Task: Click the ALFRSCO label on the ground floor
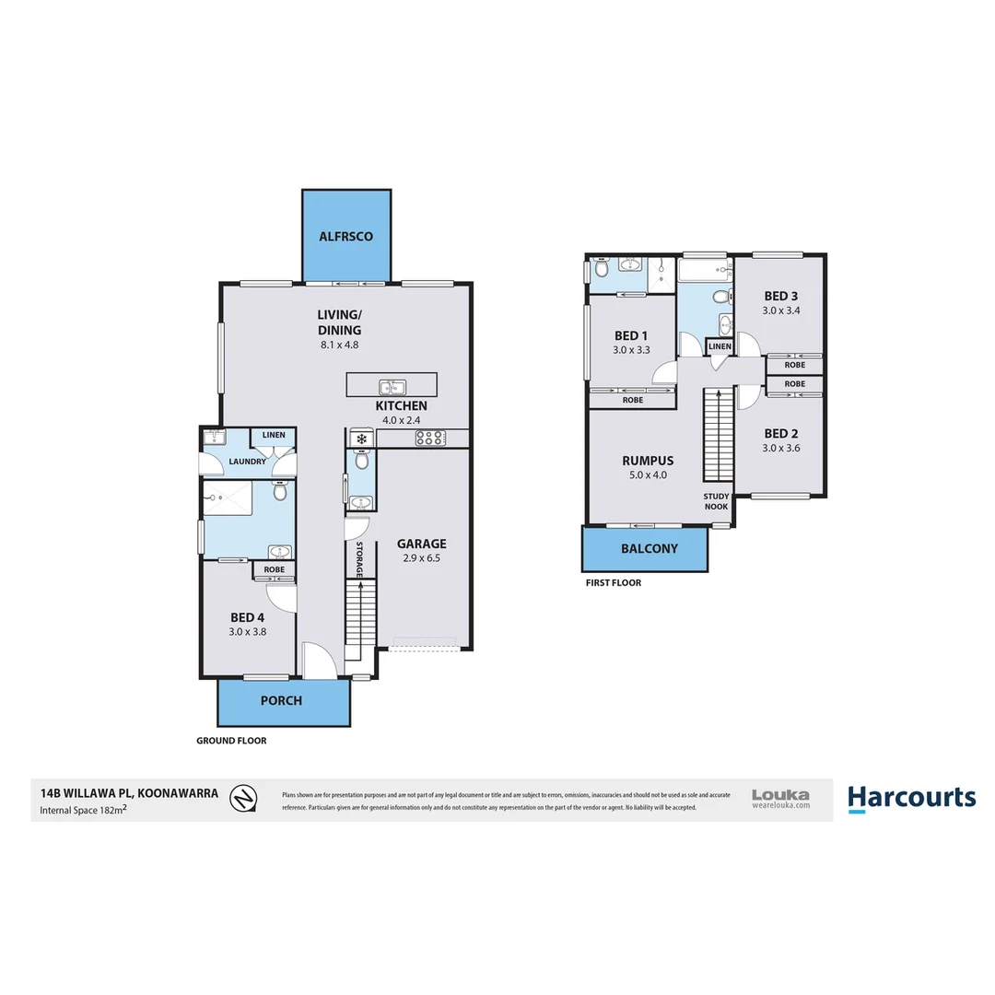click(345, 237)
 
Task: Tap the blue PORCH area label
click(281, 700)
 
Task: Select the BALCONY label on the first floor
click(649, 548)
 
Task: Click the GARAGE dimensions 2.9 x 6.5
click(421, 557)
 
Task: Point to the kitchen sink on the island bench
click(391, 387)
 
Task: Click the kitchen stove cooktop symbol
click(429, 439)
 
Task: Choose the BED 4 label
click(248, 617)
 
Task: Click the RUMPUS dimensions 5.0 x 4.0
click(647, 475)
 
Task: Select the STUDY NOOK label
click(717, 501)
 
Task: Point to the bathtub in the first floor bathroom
click(704, 270)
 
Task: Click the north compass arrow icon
click(243, 798)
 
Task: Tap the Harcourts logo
click(911, 798)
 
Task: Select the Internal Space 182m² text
click(83, 811)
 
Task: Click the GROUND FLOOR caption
click(231, 741)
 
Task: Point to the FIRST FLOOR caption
click(613, 583)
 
